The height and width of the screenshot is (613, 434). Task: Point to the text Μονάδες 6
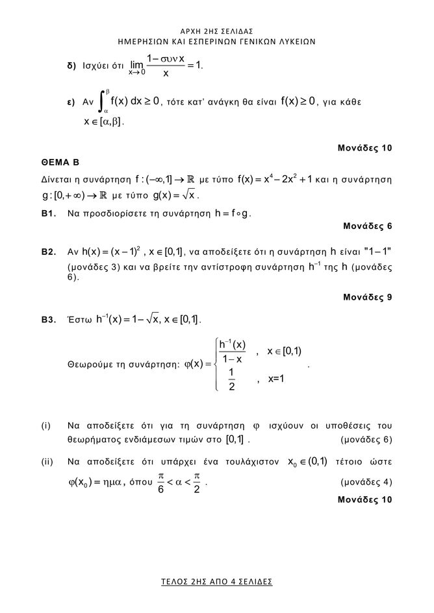[x=367, y=226]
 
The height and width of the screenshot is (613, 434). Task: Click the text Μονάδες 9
[x=367, y=297]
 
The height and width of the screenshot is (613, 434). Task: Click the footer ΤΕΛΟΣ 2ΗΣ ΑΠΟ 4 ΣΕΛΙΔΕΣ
[x=217, y=581]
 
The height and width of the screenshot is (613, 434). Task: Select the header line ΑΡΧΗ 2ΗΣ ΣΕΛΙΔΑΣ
[x=217, y=30]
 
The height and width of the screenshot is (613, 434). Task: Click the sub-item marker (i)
[x=45, y=426]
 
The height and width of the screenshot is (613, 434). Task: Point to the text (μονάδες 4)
[x=366, y=483]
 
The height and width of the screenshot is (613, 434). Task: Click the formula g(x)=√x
[x=174, y=195]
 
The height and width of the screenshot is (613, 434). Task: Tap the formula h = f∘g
[x=233, y=212]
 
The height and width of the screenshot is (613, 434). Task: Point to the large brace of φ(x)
[x=216, y=366]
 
